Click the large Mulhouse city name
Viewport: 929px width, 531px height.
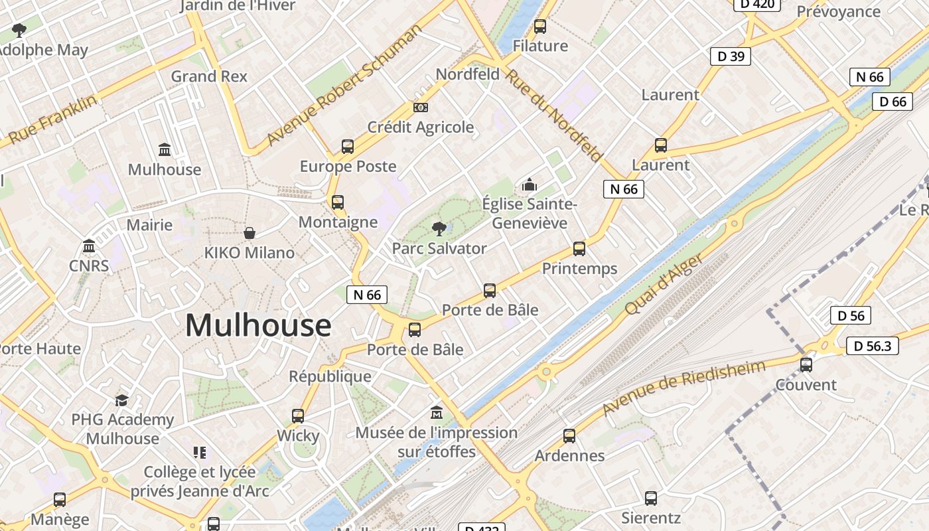[258, 325]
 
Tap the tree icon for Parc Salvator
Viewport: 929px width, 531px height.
[439, 229]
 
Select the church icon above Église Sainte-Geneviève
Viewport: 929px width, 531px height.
[529, 185]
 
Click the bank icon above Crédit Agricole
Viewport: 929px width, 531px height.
[420, 108]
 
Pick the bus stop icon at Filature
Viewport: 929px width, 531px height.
[540, 27]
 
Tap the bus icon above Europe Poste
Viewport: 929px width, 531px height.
[348, 147]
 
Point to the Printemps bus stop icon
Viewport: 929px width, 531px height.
[579, 249]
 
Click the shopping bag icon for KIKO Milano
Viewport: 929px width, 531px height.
[250, 233]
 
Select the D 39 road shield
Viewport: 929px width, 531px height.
[730, 56]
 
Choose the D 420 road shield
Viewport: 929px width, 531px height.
[756, 4]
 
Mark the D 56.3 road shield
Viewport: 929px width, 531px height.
[872, 346]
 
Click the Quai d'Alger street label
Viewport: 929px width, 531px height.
[664, 285]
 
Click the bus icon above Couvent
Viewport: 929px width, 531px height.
[806, 364]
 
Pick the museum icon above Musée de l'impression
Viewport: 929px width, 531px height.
[437, 412]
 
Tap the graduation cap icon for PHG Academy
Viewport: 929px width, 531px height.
[121, 400]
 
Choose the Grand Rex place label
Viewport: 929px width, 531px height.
[209, 76]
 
